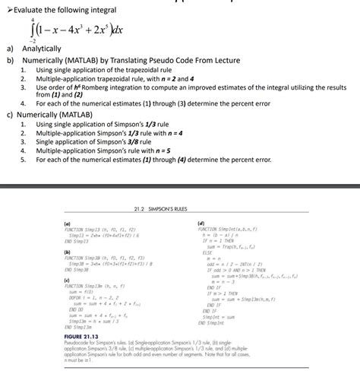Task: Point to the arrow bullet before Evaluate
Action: pos(5,8)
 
